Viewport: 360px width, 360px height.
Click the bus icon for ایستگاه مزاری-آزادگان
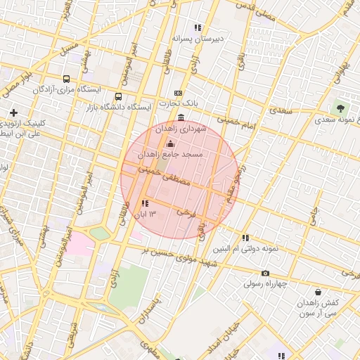66,79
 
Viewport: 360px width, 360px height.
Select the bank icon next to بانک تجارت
178,93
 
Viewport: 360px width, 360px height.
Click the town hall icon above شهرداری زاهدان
181,117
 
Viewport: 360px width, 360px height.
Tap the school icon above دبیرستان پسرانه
198,27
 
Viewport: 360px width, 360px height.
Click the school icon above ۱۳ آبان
145,203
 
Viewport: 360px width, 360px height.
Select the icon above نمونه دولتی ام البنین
245,238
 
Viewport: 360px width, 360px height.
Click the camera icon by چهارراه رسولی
264,274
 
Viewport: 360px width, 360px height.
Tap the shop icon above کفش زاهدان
318,291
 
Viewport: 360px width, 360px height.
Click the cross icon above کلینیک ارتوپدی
13,112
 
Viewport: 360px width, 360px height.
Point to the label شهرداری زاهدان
181,129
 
